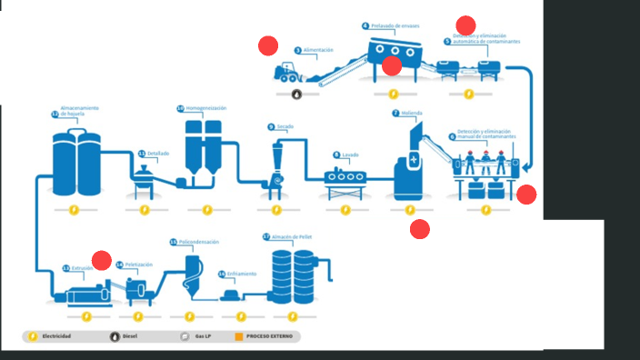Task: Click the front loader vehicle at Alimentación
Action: click(287, 73)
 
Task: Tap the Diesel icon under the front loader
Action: click(296, 93)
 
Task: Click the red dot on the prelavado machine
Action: click(392, 65)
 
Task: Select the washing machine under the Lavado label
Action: click(347, 181)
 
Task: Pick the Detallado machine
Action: click(144, 182)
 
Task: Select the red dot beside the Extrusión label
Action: click(102, 261)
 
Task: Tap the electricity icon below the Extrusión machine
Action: click(85, 316)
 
